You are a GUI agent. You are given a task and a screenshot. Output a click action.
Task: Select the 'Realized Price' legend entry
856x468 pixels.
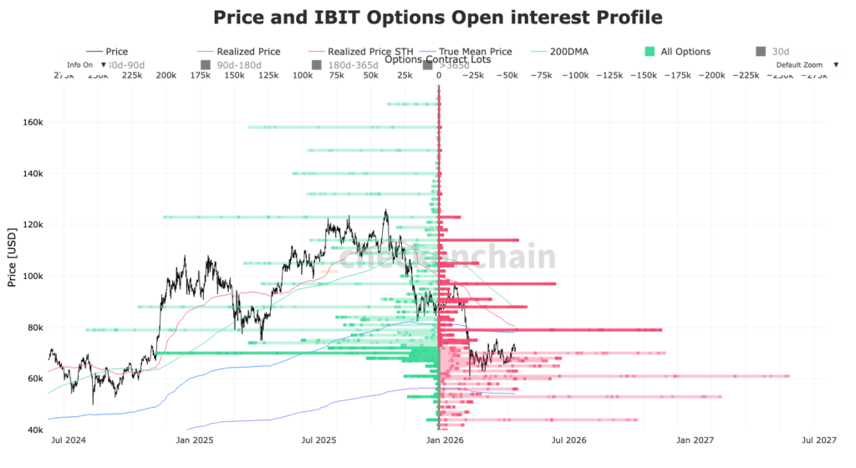[247, 52]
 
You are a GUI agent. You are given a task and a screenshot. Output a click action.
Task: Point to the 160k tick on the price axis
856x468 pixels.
[33, 122]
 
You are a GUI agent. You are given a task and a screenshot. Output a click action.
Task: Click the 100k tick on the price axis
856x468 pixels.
[33, 276]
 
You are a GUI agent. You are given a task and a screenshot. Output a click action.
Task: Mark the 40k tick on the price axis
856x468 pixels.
[34, 430]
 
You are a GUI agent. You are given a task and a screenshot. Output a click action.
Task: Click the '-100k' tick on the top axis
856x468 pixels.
[575, 76]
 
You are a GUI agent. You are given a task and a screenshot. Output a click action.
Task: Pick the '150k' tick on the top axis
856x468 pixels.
[235, 76]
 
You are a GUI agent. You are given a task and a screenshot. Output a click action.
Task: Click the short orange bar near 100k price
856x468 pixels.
[329, 272]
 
